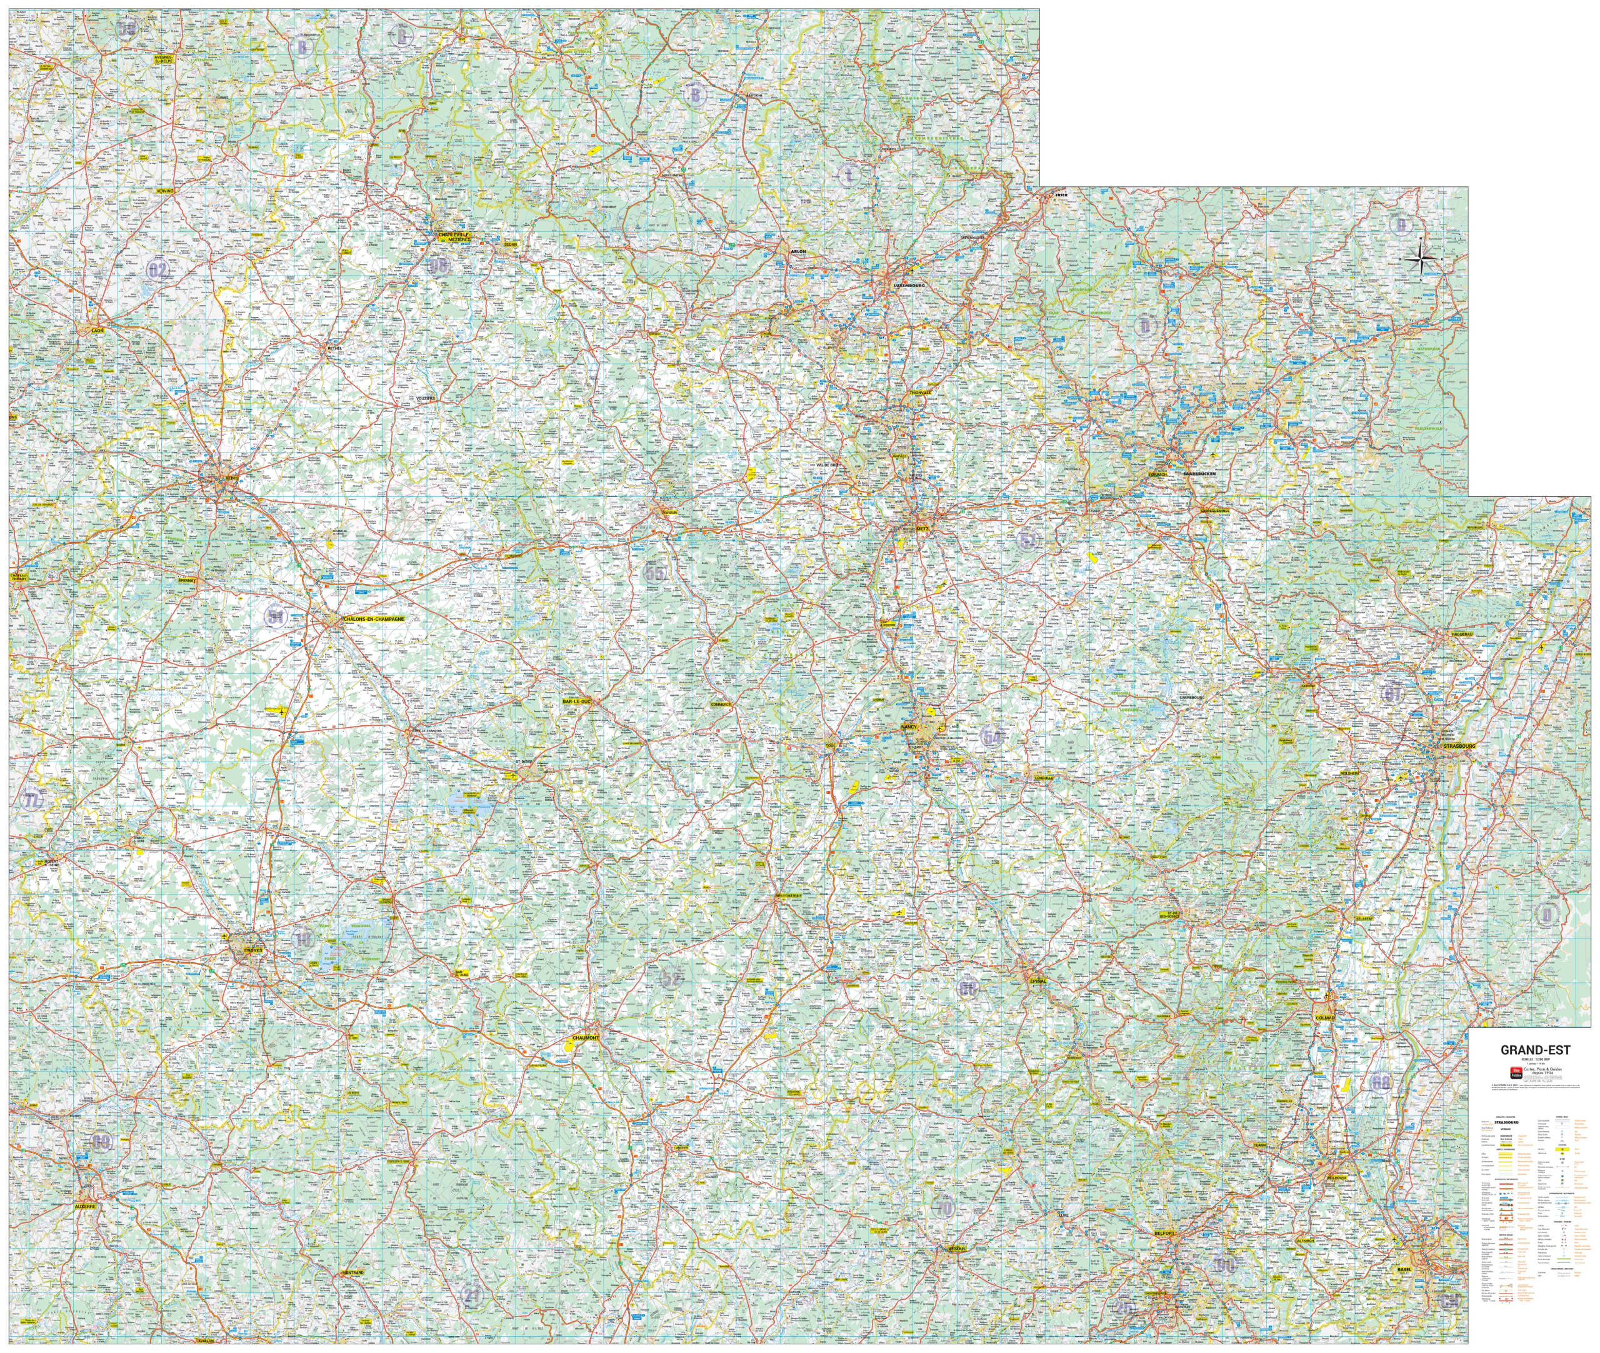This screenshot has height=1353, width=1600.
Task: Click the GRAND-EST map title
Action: pos(1535,1049)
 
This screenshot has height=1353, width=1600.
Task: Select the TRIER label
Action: pos(1061,196)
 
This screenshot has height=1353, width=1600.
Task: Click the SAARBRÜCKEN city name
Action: pos(1198,474)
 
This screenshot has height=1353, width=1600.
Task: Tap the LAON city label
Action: pos(97,330)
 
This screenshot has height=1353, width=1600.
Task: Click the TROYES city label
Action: pos(252,950)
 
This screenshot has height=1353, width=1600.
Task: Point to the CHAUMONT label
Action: pos(586,1037)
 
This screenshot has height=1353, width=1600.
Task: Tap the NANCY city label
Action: pos(909,727)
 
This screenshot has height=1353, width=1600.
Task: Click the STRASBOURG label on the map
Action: pos(1459,745)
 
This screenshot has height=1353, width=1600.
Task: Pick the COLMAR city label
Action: pos(1325,1018)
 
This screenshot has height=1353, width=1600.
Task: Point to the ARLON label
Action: pos(798,251)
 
